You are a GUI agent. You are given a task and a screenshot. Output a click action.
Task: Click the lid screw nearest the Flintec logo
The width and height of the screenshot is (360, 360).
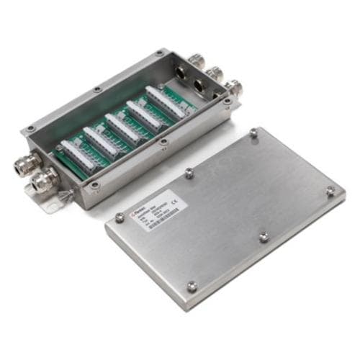click(120, 217)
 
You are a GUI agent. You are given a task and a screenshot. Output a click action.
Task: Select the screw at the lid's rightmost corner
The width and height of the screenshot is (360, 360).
click(330, 191)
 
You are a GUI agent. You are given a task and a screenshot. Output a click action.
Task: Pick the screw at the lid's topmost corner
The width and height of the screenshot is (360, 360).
click(253, 133)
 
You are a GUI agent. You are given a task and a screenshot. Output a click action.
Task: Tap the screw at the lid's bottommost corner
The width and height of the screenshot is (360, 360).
click(192, 287)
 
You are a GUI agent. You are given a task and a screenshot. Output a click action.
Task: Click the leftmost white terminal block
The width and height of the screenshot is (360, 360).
click(78, 155)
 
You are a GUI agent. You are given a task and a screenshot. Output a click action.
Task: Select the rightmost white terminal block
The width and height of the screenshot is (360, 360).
click(164, 100)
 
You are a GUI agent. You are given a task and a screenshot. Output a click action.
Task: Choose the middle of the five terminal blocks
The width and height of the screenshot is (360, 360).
click(122, 127)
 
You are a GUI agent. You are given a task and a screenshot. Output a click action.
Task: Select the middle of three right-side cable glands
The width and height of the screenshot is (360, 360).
click(215, 75)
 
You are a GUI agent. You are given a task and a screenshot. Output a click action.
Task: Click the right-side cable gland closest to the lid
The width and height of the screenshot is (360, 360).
click(233, 89)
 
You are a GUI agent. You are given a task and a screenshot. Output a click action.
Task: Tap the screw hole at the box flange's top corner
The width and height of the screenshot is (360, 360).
click(158, 53)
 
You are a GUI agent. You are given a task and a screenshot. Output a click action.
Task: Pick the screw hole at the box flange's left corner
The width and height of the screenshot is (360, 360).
click(30, 130)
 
